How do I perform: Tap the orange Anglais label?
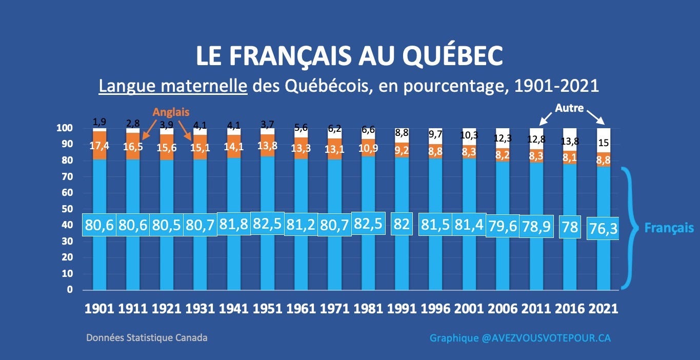click(171, 112)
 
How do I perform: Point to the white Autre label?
click(569, 108)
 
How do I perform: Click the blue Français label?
click(669, 228)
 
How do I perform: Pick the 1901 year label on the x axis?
click(99, 309)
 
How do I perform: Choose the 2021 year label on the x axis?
click(604, 309)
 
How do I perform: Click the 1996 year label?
click(435, 309)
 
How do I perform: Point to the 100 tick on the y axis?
click(65, 128)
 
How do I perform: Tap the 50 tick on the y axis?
click(67, 209)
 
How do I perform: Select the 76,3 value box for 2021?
click(603, 228)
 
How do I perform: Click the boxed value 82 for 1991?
click(402, 224)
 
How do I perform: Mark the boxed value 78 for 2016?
click(570, 227)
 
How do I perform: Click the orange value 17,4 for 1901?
click(99, 146)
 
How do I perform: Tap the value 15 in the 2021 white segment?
click(604, 143)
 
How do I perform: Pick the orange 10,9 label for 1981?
click(368, 148)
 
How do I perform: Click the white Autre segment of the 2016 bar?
click(570, 139)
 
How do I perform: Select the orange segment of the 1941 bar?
click(234, 146)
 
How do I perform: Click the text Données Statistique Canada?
click(147, 338)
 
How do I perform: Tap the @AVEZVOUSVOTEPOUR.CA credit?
click(546, 338)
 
